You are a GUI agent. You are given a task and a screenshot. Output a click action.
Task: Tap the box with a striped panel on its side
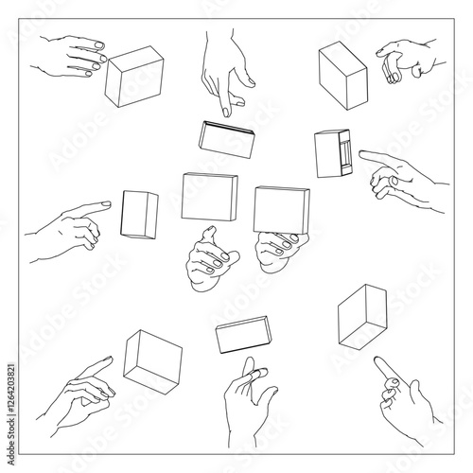(x=334, y=153)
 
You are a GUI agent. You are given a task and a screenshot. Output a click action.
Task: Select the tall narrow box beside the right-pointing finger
(x=139, y=214)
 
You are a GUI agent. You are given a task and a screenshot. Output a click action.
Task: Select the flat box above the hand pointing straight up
(x=244, y=336)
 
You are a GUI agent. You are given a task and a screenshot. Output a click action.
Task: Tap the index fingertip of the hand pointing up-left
(x=377, y=359)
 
